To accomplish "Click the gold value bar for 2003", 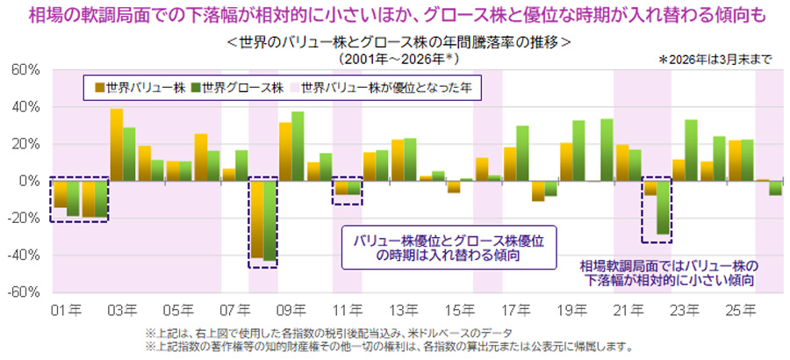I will coord(116,145).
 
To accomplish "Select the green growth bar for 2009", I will coord(298,146).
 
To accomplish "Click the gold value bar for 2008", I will coord(257,220).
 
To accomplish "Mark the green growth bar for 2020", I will coord(607,149).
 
